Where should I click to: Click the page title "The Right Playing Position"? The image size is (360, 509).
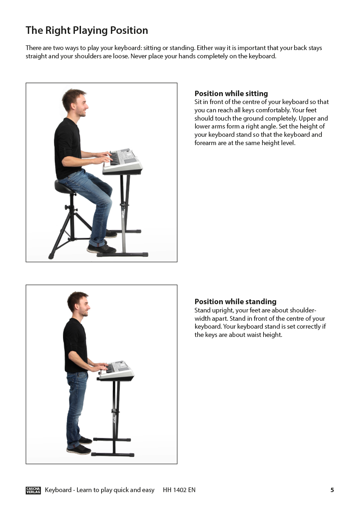point(87,31)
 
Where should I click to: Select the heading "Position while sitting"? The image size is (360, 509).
point(231,94)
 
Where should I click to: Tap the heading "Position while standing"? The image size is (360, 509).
point(235,302)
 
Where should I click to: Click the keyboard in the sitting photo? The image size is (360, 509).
point(123,161)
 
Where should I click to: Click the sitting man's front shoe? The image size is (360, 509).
point(102,249)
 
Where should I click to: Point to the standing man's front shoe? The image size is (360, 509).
point(78,449)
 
